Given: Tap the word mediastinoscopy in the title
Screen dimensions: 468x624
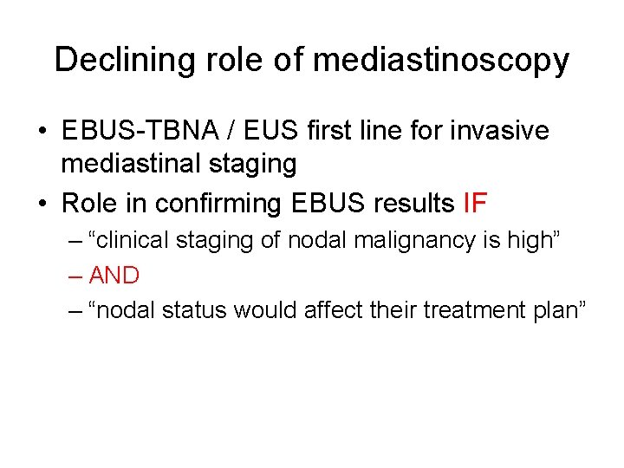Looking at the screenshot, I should point(441,61).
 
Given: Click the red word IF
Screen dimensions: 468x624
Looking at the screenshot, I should point(475,203).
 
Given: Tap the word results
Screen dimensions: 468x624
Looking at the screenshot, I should point(411,203).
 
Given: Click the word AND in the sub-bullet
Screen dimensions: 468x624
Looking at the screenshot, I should point(114,276).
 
